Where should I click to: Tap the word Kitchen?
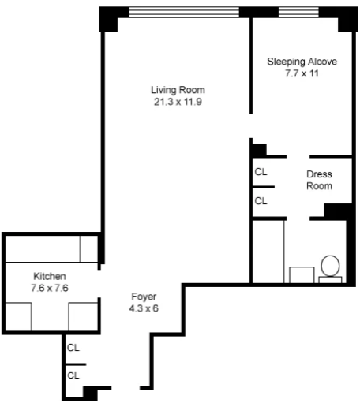pyautogui.click(x=49, y=276)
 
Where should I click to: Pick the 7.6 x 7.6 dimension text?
pyautogui.click(x=49, y=287)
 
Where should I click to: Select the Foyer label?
pyautogui.click(x=144, y=297)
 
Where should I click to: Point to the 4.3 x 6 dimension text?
pyautogui.click(x=144, y=308)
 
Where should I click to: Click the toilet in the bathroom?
pyautogui.click(x=330, y=267)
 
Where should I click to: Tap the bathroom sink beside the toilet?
pyautogui.click(x=300, y=274)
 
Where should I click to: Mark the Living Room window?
pyautogui.click(x=183, y=11)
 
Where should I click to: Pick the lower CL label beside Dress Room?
pyautogui.click(x=260, y=201)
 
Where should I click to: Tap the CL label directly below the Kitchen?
pyautogui.click(x=73, y=347)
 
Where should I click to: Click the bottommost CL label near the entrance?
pyautogui.click(x=73, y=375)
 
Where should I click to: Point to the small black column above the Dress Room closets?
pyautogui.click(x=258, y=148)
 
